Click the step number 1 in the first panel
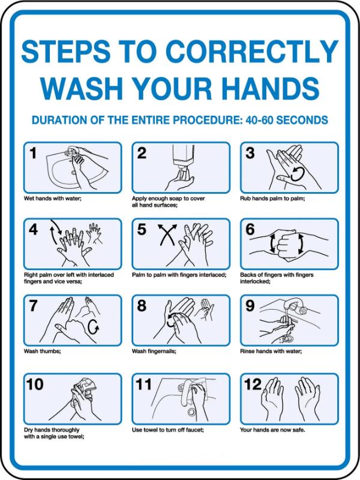pyautogui.click(x=33, y=154)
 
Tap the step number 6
pyautogui.click(x=250, y=229)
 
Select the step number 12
pyautogui.click(x=253, y=385)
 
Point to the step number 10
pyautogui.click(x=35, y=385)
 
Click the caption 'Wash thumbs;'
pyautogui.click(x=42, y=351)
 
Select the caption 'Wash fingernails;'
pyautogui.click(x=154, y=351)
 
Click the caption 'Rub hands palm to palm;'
pyautogui.click(x=272, y=199)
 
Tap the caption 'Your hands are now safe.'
pyautogui.click(x=272, y=430)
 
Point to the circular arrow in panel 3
pyautogui.click(x=298, y=174)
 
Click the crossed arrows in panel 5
pyautogui.click(x=167, y=235)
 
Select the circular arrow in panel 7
pyautogui.click(x=94, y=328)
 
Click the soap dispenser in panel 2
pyautogui.click(x=184, y=159)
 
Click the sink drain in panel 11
pyautogui.click(x=192, y=412)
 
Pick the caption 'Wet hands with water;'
pyautogui.click(x=53, y=199)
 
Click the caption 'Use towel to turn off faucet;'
pyautogui.click(x=168, y=430)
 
